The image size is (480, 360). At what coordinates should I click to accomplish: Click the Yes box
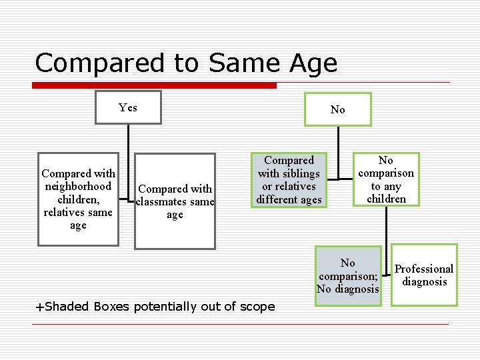point(128,107)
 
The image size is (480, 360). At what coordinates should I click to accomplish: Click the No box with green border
point(337,109)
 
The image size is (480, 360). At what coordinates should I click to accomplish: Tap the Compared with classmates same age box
point(175,201)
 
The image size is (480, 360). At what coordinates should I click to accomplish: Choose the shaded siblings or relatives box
point(289,179)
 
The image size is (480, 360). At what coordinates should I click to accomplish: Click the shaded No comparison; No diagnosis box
point(348,275)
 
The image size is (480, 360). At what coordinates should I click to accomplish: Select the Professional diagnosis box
point(424,275)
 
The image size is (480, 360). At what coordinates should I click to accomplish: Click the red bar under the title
point(156,85)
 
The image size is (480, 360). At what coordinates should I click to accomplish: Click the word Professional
point(424,269)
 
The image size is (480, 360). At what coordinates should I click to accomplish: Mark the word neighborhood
point(78,187)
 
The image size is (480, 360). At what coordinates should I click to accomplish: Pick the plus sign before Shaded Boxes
point(39,307)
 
